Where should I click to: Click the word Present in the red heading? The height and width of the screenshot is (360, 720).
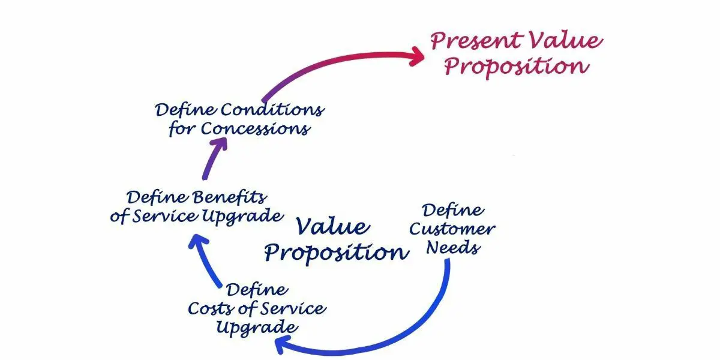point(474,41)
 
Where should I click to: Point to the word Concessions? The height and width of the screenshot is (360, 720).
point(256,128)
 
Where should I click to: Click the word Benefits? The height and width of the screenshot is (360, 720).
point(229,197)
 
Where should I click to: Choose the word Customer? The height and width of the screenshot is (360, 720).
point(460,229)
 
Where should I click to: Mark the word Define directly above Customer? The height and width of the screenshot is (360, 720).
point(453,210)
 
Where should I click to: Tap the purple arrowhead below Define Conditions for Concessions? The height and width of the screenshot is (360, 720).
point(217,145)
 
